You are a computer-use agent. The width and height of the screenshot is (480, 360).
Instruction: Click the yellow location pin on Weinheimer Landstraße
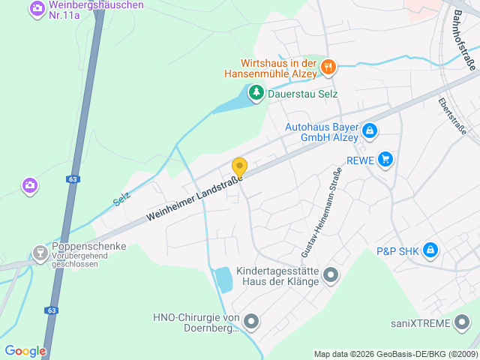coord(239,167)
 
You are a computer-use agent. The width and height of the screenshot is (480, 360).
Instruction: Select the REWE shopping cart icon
coord(385,158)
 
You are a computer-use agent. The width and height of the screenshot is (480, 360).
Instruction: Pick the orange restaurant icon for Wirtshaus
coord(328,67)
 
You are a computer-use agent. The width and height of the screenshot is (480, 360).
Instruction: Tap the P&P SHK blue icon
coord(430,250)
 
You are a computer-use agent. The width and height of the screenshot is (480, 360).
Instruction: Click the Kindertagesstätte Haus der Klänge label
coord(277,276)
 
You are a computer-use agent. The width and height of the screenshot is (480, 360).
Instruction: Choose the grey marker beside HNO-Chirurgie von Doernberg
coord(251,322)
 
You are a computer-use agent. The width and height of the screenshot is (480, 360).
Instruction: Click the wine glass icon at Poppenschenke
coord(40,253)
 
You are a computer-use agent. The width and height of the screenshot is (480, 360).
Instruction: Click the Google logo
coord(25,350)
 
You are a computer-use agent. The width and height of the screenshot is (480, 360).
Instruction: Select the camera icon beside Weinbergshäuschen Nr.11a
coord(36,9)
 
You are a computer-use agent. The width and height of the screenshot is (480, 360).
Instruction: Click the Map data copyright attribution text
coord(394,354)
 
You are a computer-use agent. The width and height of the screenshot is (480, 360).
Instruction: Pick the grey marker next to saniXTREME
coord(462,323)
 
